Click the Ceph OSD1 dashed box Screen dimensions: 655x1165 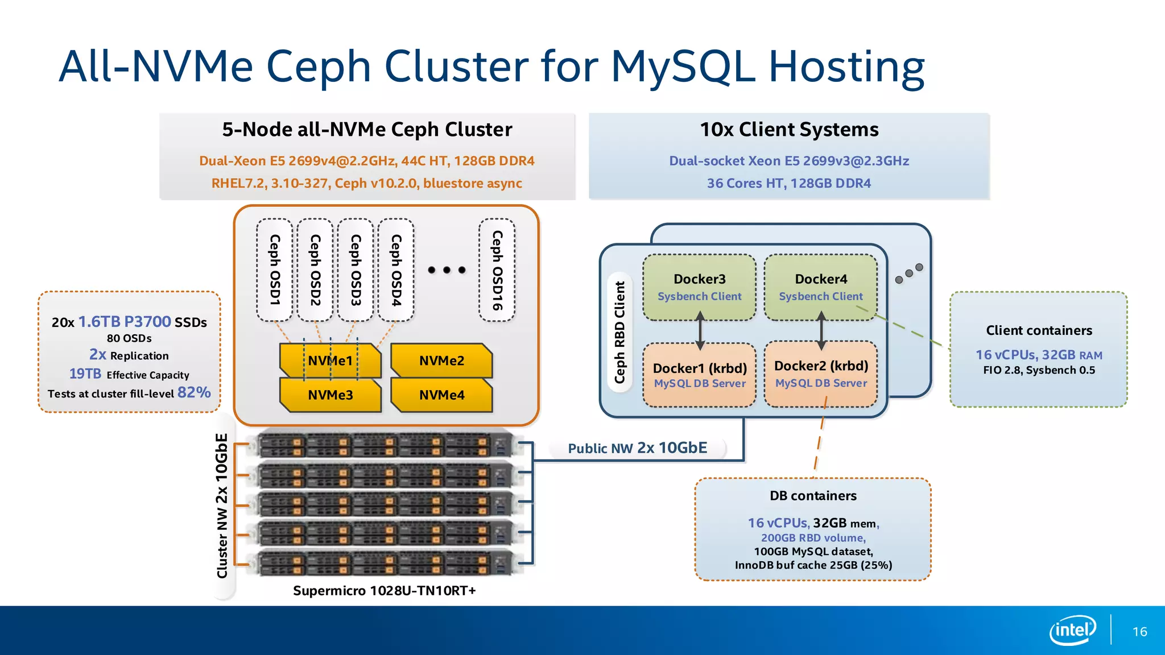(274, 270)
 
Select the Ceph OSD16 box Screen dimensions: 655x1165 (497, 270)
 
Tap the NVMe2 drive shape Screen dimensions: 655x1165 (441, 360)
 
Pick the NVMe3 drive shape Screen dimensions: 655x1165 (330, 395)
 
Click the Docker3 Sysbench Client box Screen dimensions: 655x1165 (699, 287)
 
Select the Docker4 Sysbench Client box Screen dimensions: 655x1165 (820, 287)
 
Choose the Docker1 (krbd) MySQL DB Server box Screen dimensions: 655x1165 (699, 375)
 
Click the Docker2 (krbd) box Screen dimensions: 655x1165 (820, 374)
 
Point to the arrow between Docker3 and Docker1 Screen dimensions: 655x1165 (700, 330)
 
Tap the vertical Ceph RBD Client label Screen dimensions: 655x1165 (619, 332)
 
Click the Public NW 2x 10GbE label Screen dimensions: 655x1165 (637, 448)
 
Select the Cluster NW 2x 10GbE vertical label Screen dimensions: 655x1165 (222, 505)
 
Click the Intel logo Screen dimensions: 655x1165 (1072, 630)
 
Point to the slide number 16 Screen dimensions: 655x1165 (1139, 632)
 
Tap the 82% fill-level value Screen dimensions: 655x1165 (194, 392)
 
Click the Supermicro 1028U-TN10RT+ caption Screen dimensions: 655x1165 (384, 591)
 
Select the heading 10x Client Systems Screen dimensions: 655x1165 (789, 130)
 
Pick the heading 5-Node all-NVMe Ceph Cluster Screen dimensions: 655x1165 (367, 130)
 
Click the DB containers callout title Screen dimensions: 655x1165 (813, 496)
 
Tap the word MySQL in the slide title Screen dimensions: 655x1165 (683, 67)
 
